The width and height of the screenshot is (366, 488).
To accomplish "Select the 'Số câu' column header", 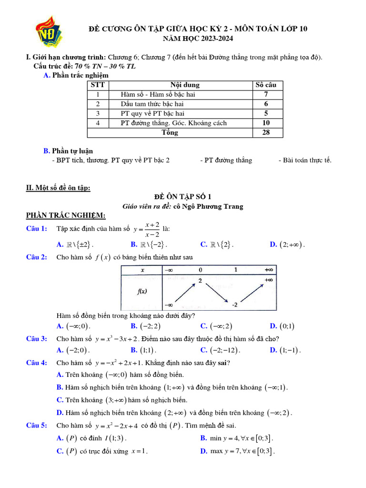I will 266,85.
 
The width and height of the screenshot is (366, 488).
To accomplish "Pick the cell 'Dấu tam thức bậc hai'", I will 152,104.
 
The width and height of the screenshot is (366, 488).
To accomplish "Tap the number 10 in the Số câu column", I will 266,123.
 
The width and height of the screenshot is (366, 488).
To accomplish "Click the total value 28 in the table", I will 266,132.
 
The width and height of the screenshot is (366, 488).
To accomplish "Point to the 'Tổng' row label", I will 170,132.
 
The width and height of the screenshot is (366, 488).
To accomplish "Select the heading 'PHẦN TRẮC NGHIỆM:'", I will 66,216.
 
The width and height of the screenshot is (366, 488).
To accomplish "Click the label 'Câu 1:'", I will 36,229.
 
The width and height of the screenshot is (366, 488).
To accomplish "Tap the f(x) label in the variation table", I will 142,293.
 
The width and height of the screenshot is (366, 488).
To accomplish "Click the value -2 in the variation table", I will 234,305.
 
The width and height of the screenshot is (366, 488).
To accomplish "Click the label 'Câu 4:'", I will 36,363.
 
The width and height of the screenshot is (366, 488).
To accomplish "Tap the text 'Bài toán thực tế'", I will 305,160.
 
